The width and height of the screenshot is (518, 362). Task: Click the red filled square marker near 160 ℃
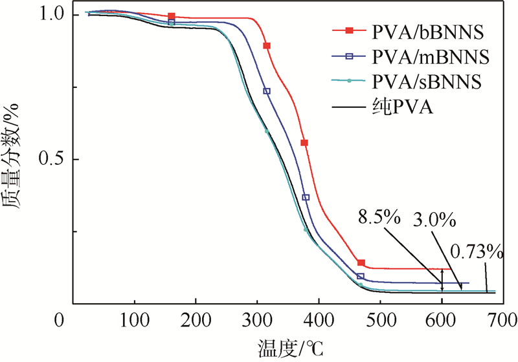pyautogui.click(x=171, y=16)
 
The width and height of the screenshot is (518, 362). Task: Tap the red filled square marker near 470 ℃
pyautogui.click(x=361, y=263)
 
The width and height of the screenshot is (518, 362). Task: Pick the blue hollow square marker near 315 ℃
pyautogui.click(x=267, y=91)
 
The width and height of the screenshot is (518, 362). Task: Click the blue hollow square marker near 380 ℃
pyautogui.click(x=306, y=197)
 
